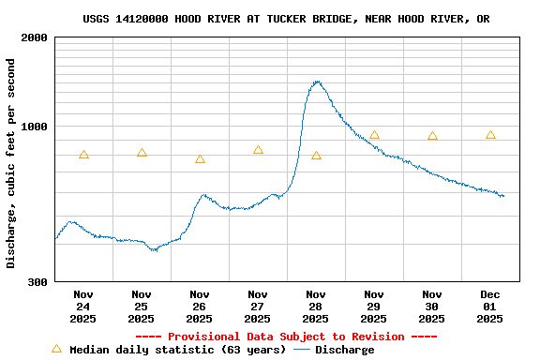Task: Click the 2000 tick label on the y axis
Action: tap(36, 37)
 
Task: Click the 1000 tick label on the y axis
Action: tap(36, 127)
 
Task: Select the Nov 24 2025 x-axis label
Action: tap(83, 307)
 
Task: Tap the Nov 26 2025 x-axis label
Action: tap(200, 307)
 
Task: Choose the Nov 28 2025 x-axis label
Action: tap(316, 307)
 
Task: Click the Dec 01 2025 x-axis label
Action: tap(490, 307)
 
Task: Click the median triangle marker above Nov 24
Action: tap(83, 156)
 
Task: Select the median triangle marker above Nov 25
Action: tap(142, 153)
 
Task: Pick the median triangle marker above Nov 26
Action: tap(200, 159)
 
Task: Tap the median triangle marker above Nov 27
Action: tap(258, 150)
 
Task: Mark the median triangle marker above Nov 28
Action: tap(316, 156)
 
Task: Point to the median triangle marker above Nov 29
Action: tap(374, 135)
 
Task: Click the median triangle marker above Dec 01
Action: tap(490, 135)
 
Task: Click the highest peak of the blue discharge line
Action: tap(317, 82)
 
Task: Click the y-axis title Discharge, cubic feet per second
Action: tap(11, 163)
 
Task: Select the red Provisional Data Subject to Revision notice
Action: tap(286, 337)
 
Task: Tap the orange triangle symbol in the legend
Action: tap(56, 349)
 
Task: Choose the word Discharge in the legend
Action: tap(344, 350)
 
